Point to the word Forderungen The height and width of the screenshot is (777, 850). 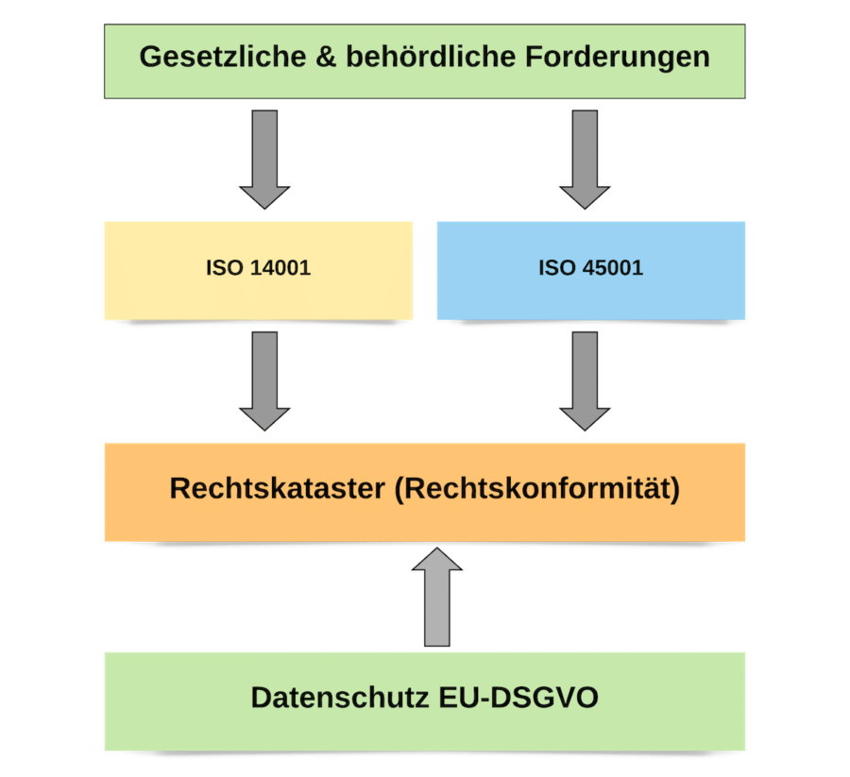point(615,57)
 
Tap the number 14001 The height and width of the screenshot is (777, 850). point(280,268)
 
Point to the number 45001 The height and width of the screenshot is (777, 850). point(613,268)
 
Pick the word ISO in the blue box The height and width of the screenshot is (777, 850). point(557,268)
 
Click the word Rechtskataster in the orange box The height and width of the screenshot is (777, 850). point(278,490)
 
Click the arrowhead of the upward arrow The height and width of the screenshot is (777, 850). point(437,561)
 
